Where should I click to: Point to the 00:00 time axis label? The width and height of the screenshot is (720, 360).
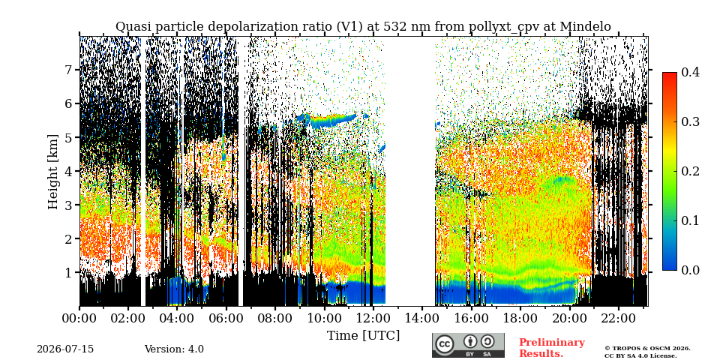[x=79, y=319]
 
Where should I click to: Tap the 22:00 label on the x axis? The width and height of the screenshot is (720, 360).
[x=618, y=319]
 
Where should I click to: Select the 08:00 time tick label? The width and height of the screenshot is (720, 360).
[x=275, y=319]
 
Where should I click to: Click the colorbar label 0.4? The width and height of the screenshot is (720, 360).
[x=690, y=72]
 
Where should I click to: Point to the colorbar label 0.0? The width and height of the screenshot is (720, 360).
[x=690, y=270]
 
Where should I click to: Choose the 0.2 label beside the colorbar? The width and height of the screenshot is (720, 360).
[x=690, y=171]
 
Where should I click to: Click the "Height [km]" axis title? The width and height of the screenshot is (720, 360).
[x=53, y=172]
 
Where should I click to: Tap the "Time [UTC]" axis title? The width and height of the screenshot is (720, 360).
[x=363, y=336]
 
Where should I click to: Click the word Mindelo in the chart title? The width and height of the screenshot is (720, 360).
[x=586, y=27]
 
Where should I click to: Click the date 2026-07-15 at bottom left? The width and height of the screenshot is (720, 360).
[x=65, y=349]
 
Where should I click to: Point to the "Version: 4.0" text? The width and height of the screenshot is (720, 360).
[x=174, y=349]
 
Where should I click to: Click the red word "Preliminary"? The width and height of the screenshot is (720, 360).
[x=552, y=343]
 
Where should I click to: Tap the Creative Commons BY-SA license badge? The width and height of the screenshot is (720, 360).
[x=468, y=345]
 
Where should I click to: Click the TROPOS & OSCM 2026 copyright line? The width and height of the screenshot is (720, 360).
[x=647, y=349]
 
